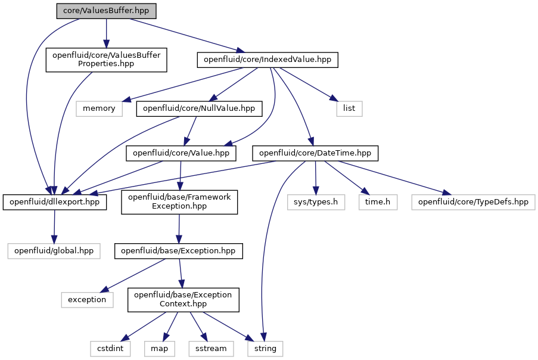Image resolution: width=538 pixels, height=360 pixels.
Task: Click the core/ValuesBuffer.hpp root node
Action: point(107,11)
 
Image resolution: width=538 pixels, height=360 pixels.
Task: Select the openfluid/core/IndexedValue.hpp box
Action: point(268,60)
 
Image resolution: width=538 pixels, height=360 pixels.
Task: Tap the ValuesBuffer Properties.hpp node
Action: point(107,60)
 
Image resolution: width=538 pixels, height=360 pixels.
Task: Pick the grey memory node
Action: point(99,108)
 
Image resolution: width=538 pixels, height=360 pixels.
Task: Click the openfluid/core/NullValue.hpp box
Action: point(199,108)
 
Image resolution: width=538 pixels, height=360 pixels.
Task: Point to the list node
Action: point(349,108)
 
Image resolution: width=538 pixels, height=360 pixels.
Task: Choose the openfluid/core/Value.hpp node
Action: point(181,153)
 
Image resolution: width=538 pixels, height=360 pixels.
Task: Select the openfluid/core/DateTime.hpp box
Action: point(315,153)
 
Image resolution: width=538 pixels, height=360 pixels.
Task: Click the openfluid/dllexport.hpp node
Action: point(55,202)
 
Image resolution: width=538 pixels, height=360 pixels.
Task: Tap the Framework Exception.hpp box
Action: point(179,202)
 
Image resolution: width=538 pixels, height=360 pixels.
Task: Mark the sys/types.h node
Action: point(316,202)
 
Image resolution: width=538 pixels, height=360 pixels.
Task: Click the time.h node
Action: point(378,202)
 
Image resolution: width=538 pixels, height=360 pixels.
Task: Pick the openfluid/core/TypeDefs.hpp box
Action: point(473,202)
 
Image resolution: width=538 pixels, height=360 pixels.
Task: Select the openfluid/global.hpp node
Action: point(54,251)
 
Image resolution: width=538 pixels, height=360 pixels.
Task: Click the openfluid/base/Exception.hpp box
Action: point(178,251)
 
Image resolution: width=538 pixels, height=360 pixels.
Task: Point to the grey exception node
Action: point(87,300)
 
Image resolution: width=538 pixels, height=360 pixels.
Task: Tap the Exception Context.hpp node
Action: point(184,300)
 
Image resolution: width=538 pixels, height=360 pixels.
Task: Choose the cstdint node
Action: point(110,349)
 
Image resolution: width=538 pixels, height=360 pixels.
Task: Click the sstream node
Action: point(211,349)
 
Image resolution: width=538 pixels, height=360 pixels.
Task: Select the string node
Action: point(265,349)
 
